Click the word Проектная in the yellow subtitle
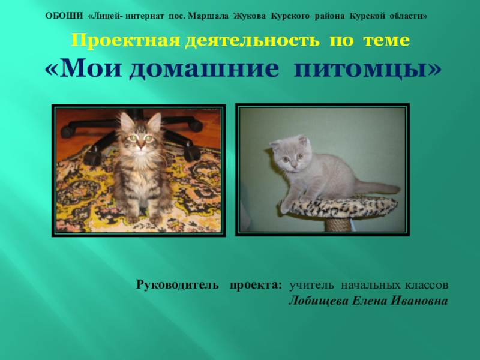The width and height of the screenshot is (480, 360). click(117, 41)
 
